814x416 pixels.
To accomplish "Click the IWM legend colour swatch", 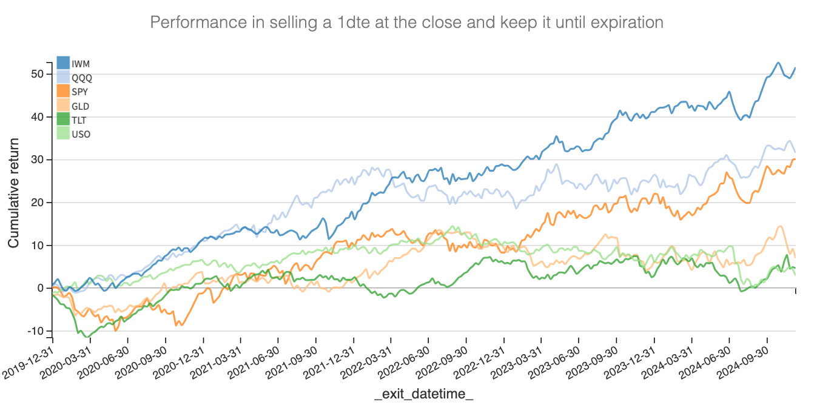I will pos(63,63).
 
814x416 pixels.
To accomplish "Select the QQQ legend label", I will pos(82,78).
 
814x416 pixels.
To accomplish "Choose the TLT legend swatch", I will pos(63,120).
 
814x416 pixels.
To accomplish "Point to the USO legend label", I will pos(81,134).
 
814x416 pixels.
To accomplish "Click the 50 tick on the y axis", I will pos(38,74).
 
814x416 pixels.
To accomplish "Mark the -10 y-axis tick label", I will pos(35,331).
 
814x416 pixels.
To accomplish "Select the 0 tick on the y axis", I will pos(41,288).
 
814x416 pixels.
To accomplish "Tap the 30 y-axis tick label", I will pos(38,159).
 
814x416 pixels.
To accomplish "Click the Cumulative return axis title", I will pos(13,192).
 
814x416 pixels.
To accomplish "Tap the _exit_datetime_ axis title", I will pos(423,395).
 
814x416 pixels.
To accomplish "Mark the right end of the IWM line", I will pos(795,68).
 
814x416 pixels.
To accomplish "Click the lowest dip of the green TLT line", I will pos(87,337).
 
